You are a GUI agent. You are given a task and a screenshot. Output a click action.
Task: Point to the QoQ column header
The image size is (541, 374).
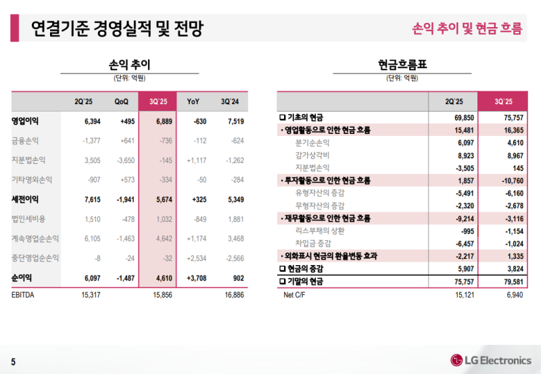click(x=121, y=101)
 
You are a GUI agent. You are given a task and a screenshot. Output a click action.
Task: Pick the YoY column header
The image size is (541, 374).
click(x=193, y=101)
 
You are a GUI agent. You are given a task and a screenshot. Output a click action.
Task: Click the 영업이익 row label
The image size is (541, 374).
click(x=25, y=121)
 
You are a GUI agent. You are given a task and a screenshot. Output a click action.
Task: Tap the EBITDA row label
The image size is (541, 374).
click(x=24, y=295)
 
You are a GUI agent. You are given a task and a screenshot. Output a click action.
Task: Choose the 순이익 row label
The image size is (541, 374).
click(x=22, y=277)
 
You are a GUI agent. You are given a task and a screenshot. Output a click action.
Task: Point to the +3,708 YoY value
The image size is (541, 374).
click(x=196, y=277)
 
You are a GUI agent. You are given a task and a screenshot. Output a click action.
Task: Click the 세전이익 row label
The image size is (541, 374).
click(x=25, y=199)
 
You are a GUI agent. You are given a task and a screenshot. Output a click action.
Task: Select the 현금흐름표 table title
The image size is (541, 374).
click(x=402, y=65)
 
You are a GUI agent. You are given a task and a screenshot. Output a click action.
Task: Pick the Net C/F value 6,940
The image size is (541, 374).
click(x=513, y=295)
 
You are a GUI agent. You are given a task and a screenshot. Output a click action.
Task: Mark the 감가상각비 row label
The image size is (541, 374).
click(x=312, y=155)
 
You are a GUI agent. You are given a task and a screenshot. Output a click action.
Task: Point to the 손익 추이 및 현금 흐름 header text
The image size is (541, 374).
click(x=467, y=28)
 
